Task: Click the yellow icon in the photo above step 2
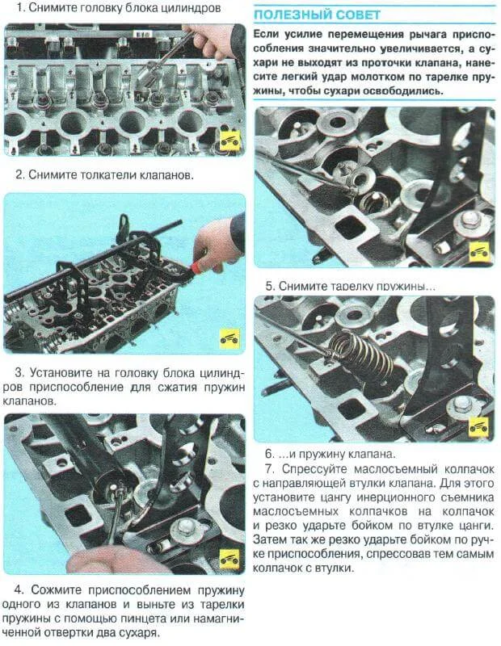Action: pyautogui.click(x=230, y=141)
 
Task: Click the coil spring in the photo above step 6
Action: pyautogui.click(x=360, y=354)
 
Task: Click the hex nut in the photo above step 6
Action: pyautogui.click(x=461, y=401)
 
